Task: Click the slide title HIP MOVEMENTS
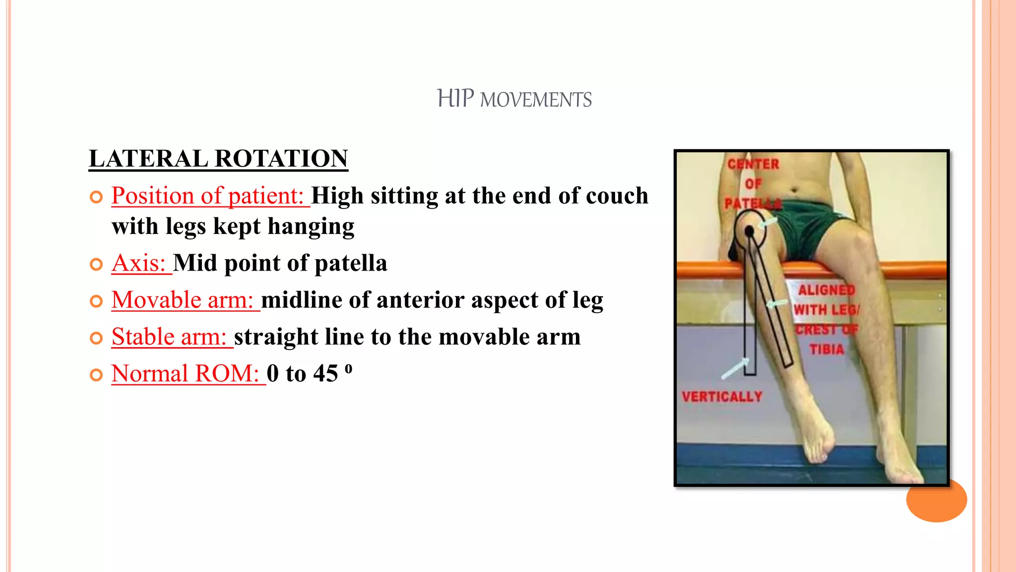click(x=514, y=99)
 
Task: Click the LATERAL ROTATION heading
click(x=218, y=159)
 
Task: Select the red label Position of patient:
click(x=207, y=196)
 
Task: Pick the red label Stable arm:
click(x=169, y=337)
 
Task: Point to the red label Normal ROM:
click(x=185, y=373)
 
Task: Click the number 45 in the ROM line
click(x=325, y=373)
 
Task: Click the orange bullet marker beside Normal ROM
click(x=96, y=375)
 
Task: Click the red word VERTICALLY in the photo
click(x=722, y=397)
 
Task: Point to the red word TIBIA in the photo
click(x=826, y=350)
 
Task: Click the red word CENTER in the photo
click(x=753, y=164)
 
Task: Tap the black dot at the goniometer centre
click(x=749, y=231)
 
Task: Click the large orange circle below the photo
click(x=936, y=500)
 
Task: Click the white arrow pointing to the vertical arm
click(x=735, y=368)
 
